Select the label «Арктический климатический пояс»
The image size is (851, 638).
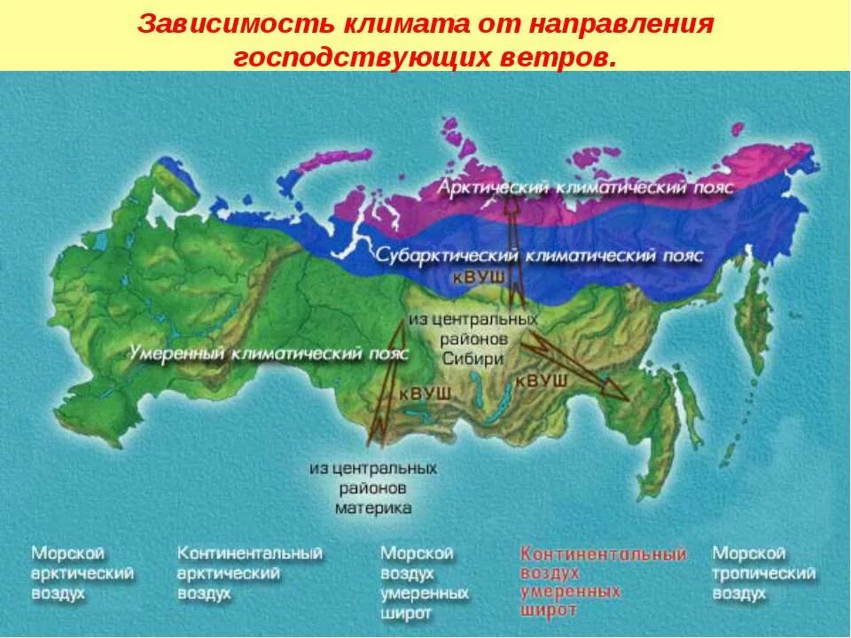pyautogui.click(x=588, y=189)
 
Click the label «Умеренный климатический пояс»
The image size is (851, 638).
pyautogui.click(x=269, y=353)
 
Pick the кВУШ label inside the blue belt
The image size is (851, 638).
pyautogui.click(x=479, y=277)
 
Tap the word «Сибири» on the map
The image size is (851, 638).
pyautogui.click(x=472, y=359)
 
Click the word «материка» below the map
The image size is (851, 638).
pyautogui.click(x=373, y=509)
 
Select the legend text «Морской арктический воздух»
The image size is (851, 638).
pyautogui.click(x=82, y=573)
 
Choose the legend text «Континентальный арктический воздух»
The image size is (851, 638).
pyautogui.click(x=249, y=573)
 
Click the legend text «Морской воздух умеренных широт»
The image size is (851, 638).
pyautogui.click(x=424, y=582)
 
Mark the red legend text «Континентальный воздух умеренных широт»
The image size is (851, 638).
pyautogui.click(x=603, y=582)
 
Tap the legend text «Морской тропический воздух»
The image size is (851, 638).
pyautogui.click(x=763, y=573)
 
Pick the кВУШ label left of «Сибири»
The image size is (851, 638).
pyautogui.click(x=425, y=393)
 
